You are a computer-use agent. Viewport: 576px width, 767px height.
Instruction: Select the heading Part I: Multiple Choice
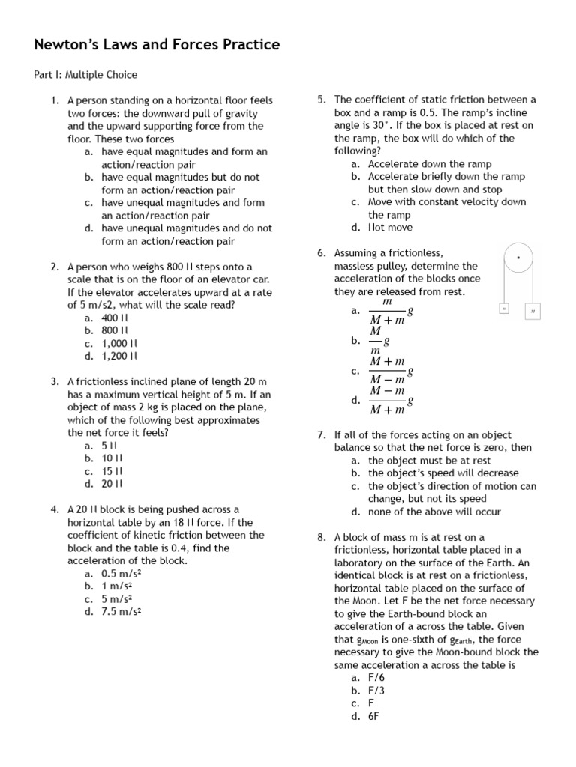85,75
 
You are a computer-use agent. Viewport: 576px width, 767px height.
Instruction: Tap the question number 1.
55,100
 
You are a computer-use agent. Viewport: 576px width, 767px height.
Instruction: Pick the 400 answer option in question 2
115,318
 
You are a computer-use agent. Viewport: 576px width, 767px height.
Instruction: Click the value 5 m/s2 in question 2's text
94,305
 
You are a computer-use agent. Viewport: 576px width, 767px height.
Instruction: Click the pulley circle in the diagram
517,258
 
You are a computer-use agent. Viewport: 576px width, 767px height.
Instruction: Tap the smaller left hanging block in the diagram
504,308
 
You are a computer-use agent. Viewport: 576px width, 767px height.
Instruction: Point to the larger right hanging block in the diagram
532,309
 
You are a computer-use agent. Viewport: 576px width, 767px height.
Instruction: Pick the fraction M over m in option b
377,340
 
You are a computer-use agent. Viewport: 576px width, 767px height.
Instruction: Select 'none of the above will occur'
434,512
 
